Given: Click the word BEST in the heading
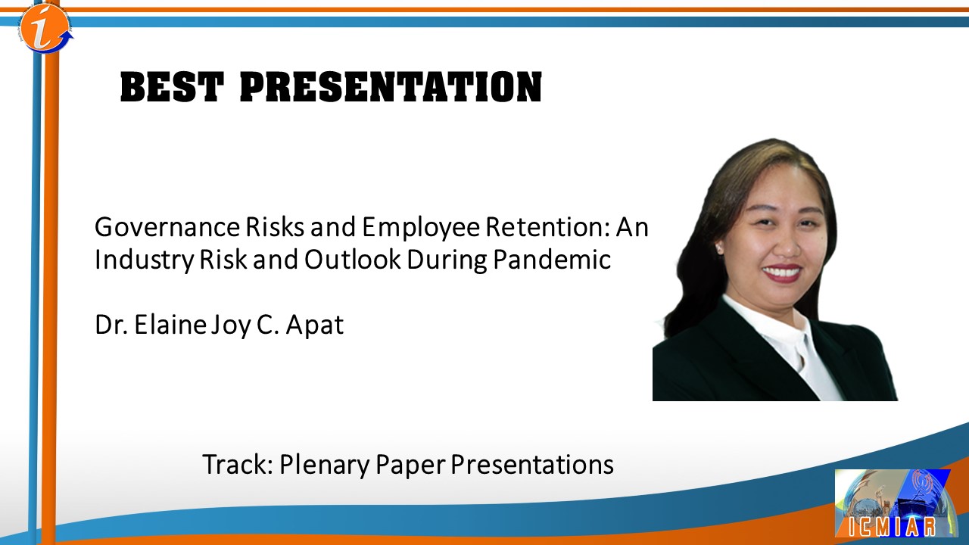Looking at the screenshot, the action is (x=172, y=87).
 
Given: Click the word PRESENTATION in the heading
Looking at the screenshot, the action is (x=391, y=87).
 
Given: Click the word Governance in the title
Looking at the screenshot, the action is (x=167, y=227).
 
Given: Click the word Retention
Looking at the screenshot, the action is (x=547, y=227).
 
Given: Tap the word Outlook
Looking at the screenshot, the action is (x=352, y=260).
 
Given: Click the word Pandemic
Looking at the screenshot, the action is (x=552, y=260).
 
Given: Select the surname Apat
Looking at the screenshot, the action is (x=314, y=325).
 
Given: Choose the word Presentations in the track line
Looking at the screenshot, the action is (x=532, y=465).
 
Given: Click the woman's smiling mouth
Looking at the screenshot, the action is (x=781, y=273).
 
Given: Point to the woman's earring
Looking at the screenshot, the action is (x=719, y=250).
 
